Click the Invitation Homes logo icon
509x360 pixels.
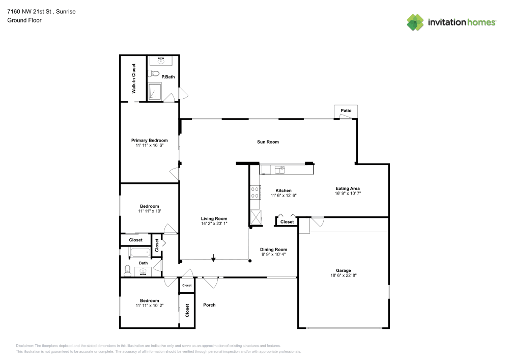coord(415,22)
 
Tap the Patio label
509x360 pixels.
coord(346,110)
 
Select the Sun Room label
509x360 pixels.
coord(268,142)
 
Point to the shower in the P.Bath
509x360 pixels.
coord(154,92)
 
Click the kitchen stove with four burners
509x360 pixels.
coord(255,192)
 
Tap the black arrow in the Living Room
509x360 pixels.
coord(213,257)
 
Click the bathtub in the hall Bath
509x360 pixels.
coord(138,252)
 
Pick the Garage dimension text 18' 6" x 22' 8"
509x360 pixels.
coord(343,275)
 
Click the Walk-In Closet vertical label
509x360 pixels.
coord(134,78)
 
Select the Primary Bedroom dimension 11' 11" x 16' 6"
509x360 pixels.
coord(149,146)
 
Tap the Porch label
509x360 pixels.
coord(209,305)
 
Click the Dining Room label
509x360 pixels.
coord(273,250)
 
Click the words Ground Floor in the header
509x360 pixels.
coord(24,20)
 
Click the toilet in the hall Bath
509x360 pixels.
coord(127,270)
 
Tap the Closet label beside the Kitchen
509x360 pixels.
coord(287,221)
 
